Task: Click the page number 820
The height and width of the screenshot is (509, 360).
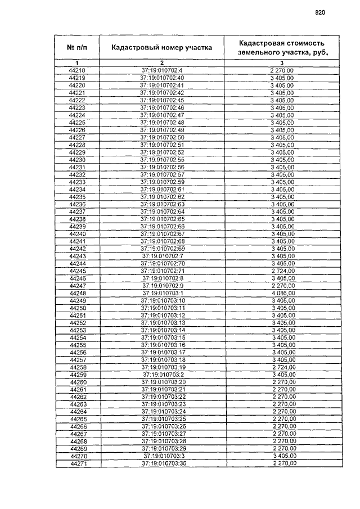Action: click(321, 12)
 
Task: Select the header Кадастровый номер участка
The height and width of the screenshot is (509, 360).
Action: click(161, 47)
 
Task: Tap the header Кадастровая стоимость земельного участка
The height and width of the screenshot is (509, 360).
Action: click(282, 47)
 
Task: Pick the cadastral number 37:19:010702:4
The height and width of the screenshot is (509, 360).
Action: click(162, 70)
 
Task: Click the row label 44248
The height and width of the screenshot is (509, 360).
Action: click(77, 293)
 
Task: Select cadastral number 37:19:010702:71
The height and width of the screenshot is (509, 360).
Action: click(163, 271)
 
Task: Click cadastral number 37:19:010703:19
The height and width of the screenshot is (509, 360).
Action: click(163, 367)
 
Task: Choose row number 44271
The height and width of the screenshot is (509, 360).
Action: click(78, 464)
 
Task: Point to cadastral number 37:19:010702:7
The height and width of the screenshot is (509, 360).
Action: click(163, 256)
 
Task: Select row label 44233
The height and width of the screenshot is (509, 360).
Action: click(77, 182)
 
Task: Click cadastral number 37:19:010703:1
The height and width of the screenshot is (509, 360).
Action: click(163, 293)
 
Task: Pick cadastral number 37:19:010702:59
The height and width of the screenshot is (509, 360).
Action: click(162, 182)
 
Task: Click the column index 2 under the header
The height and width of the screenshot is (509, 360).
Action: click(161, 62)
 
